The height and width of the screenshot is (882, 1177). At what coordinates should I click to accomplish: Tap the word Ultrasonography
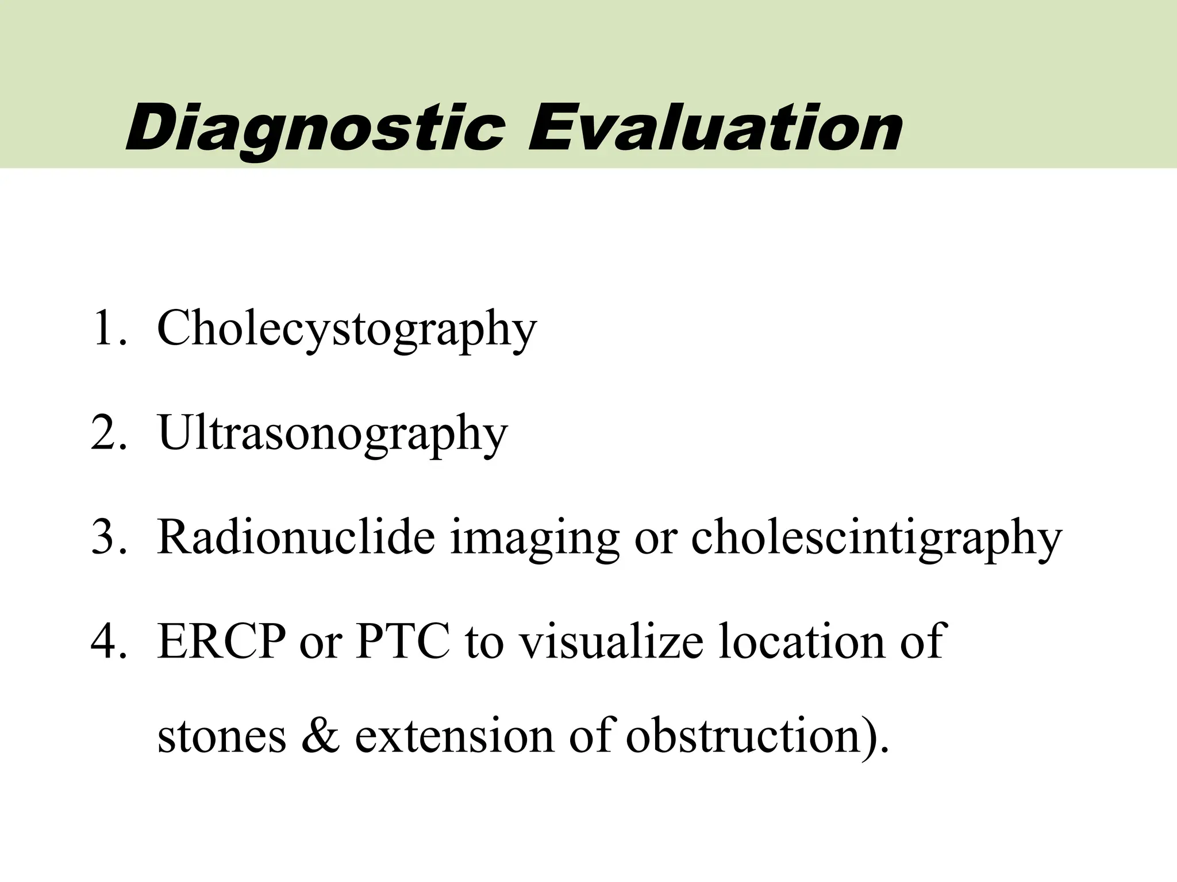(x=333, y=434)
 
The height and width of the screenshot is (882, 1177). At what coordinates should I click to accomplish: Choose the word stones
(x=221, y=736)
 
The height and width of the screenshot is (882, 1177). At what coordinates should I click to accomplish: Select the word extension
(x=453, y=736)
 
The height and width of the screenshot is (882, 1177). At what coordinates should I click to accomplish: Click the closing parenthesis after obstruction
(x=868, y=737)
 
